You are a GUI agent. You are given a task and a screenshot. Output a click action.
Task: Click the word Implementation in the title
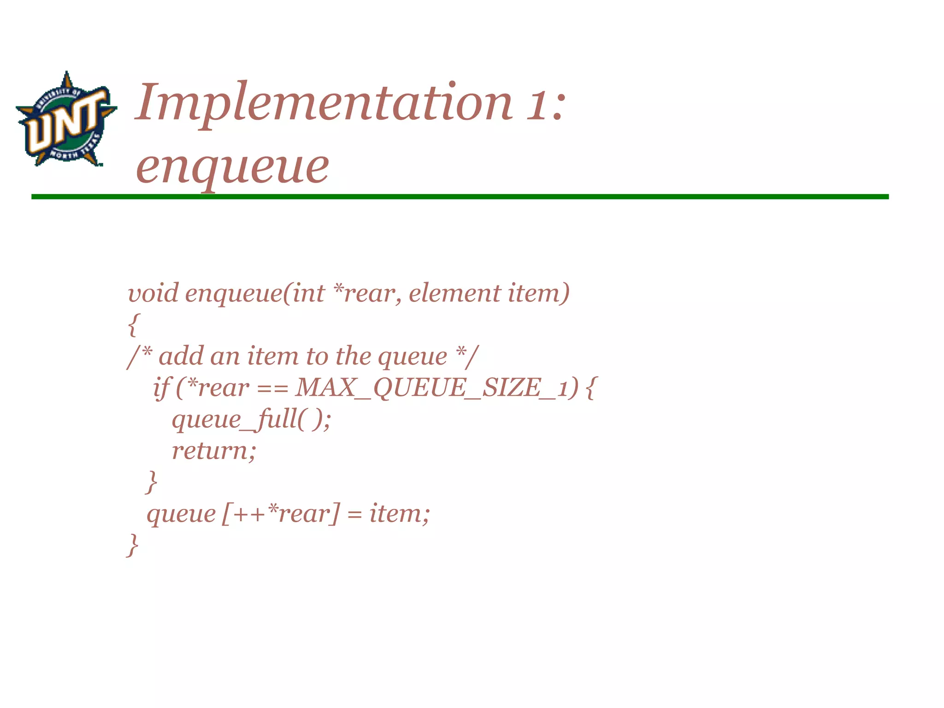323,102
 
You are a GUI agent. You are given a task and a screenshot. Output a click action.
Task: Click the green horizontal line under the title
460,197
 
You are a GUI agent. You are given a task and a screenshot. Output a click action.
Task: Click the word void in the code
153,293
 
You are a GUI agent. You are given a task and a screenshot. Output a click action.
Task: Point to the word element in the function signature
454,293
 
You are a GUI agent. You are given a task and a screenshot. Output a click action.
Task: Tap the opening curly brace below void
133,324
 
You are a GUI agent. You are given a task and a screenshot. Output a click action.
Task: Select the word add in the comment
181,356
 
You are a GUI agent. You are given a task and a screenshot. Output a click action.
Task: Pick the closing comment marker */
467,356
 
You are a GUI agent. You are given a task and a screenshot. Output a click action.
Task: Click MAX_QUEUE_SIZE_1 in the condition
431,388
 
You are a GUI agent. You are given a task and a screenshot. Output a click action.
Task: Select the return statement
213,451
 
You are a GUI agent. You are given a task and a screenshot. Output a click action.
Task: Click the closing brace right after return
151,482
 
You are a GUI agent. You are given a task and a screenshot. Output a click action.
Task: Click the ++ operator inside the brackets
250,514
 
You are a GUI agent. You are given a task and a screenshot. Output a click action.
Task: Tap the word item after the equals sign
398,513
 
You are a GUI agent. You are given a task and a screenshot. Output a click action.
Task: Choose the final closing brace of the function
133,545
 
